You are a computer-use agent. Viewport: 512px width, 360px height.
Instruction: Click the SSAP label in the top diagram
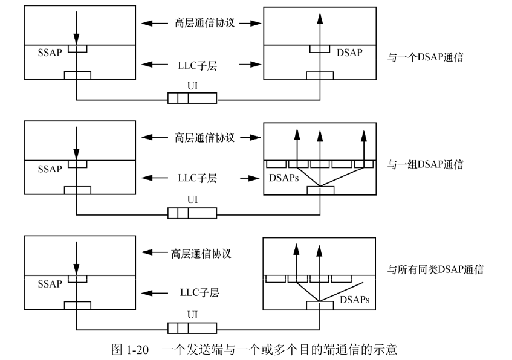click(x=50, y=53)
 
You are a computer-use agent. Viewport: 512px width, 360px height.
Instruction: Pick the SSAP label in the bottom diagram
click(x=50, y=284)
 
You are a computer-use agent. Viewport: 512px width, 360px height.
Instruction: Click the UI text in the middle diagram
click(x=192, y=201)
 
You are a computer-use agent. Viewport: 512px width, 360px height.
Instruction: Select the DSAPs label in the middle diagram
click(x=282, y=180)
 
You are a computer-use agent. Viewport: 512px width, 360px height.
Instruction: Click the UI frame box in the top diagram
click(x=192, y=98)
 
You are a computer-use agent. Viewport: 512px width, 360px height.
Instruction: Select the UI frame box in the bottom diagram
click(x=192, y=328)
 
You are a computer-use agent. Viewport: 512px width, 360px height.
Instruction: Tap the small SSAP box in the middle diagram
click(x=77, y=164)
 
